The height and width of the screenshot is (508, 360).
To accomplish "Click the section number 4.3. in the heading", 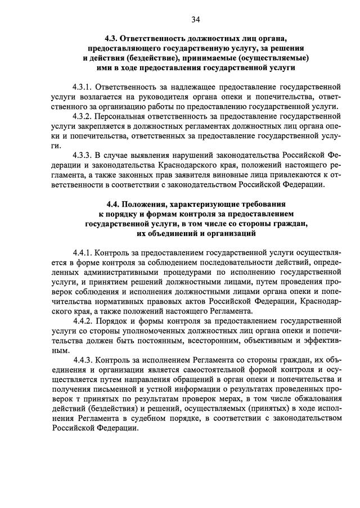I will click(112, 38).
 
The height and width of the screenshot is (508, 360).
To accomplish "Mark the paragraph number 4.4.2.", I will click(83, 322).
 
